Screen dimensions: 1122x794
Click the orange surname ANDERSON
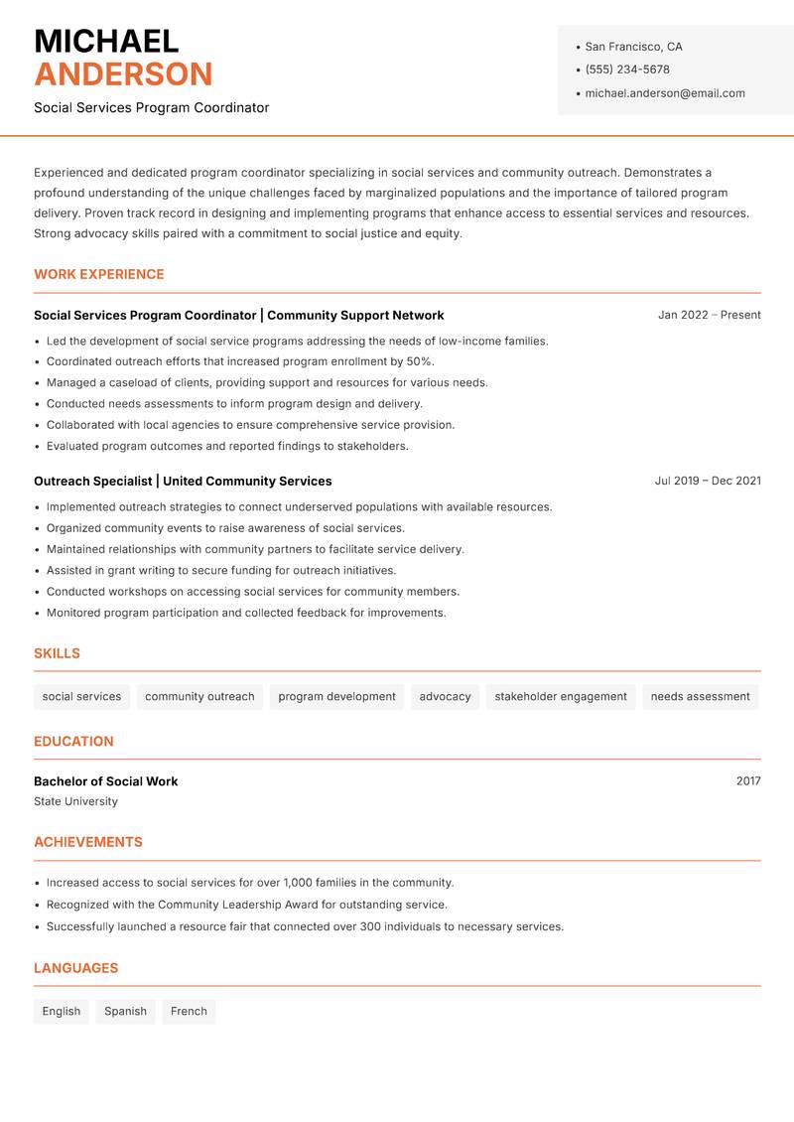tap(123, 74)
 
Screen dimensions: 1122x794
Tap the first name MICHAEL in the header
tap(106, 41)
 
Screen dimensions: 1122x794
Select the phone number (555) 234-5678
tap(627, 70)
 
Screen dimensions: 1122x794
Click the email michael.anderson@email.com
tap(665, 93)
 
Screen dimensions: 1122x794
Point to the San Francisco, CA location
tap(633, 47)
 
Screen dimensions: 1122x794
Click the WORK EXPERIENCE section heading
tap(99, 274)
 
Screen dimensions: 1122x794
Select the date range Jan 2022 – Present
tap(709, 315)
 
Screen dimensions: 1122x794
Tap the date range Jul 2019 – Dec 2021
tap(708, 481)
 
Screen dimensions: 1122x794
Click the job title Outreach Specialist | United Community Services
tap(183, 481)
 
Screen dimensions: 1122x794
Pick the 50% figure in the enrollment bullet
tap(419, 361)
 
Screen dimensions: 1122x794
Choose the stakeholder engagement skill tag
tap(561, 696)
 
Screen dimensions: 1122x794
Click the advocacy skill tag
tap(445, 696)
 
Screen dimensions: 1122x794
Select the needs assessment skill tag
tap(700, 696)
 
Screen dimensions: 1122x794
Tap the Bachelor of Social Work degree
tap(106, 781)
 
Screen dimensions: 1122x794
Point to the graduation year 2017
tap(748, 781)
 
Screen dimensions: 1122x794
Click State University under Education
tap(75, 801)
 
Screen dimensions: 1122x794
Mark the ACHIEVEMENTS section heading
tap(88, 842)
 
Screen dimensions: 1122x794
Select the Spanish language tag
tap(125, 1011)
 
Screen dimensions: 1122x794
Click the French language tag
tap(189, 1011)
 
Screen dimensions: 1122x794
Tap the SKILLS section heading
tap(57, 653)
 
